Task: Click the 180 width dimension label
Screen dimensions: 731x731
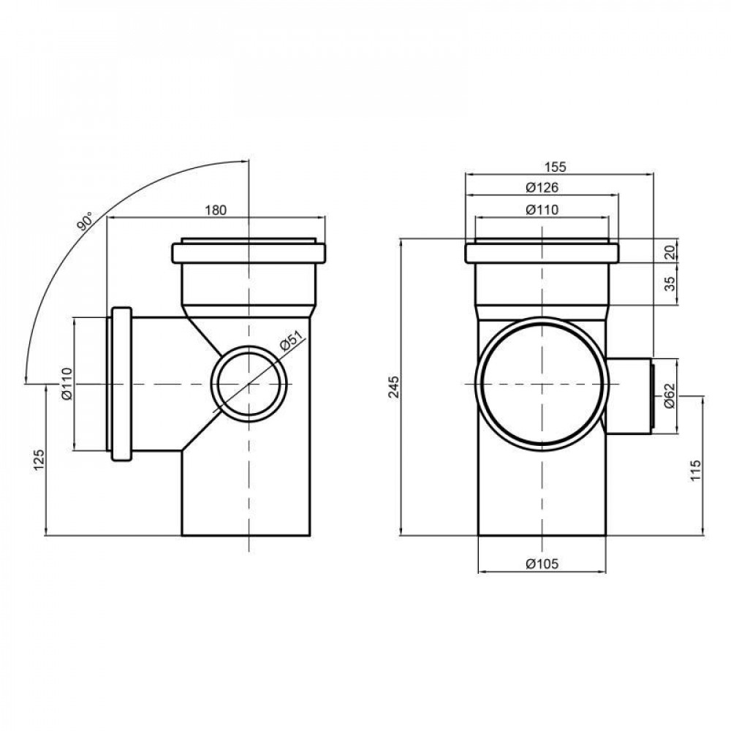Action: (x=216, y=210)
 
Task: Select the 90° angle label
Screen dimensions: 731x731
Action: (x=85, y=221)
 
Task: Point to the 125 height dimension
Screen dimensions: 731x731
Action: (x=39, y=459)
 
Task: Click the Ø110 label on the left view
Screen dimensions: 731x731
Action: (x=65, y=383)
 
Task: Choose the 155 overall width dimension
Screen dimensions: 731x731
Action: (x=556, y=167)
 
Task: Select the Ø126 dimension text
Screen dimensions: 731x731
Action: (x=542, y=188)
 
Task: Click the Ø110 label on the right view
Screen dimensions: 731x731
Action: (x=542, y=211)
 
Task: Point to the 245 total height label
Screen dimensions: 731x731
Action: (x=395, y=387)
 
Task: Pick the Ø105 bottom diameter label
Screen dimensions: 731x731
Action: (x=542, y=563)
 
